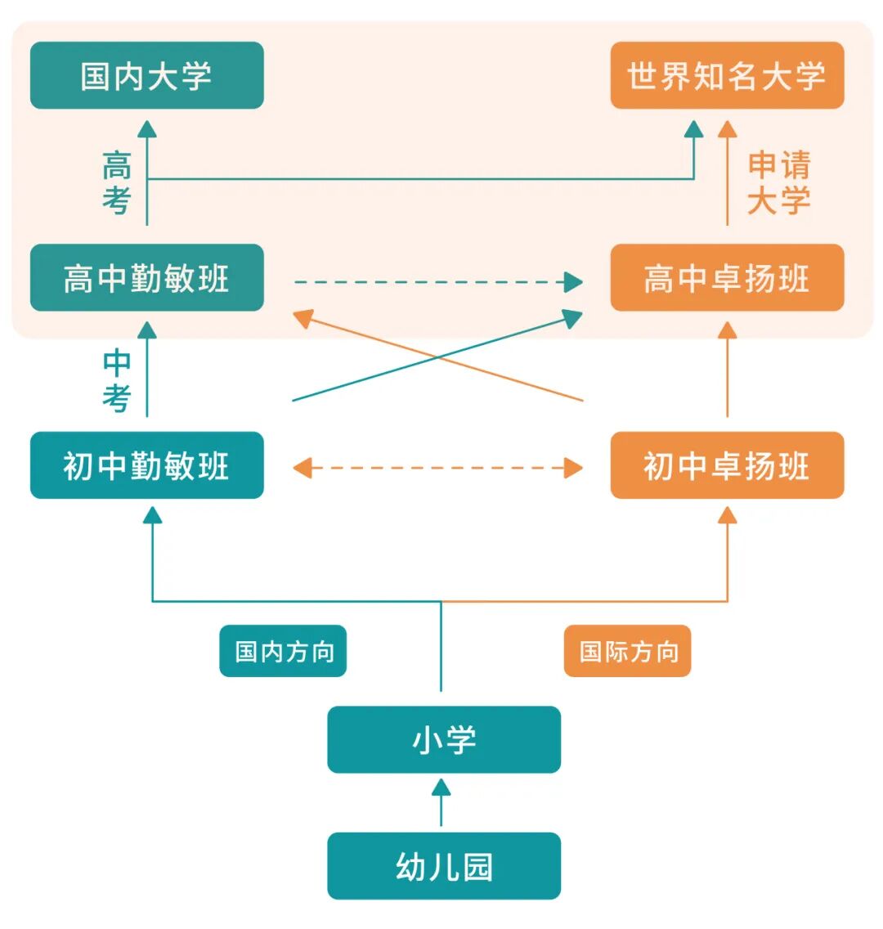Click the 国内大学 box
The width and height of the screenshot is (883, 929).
pyautogui.click(x=146, y=75)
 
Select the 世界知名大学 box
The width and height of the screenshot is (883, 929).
pyautogui.click(x=727, y=75)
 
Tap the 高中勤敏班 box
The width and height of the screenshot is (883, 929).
pyautogui.click(x=146, y=278)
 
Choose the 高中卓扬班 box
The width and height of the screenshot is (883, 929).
pyautogui.click(x=727, y=278)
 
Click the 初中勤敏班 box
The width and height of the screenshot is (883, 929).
pyautogui.click(x=146, y=465)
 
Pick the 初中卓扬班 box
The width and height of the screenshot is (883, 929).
pyautogui.click(x=727, y=465)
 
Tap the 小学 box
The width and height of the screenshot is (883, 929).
pyautogui.click(x=444, y=739)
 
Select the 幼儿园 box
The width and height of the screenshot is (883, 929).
pyautogui.click(x=444, y=866)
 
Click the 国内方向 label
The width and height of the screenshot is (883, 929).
pyautogui.click(x=283, y=651)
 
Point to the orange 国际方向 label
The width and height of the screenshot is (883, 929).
pyautogui.click(x=627, y=651)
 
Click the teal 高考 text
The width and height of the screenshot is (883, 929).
pyautogui.click(x=117, y=182)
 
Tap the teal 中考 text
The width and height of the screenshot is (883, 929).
pyautogui.click(x=117, y=380)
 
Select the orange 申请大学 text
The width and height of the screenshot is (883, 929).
pyautogui.click(x=778, y=182)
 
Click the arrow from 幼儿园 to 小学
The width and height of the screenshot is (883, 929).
pyautogui.click(x=441, y=802)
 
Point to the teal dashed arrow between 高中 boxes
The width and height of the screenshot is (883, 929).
pyautogui.click(x=437, y=283)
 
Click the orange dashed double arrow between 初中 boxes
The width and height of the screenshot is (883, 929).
pyautogui.click(x=437, y=469)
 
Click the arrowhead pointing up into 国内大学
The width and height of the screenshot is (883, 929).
pyautogui.click(x=147, y=128)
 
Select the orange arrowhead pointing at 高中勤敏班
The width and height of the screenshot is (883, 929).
pyautogui.click(x=304, y=318)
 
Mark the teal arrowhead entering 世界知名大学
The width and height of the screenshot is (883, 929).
pyautogui.click(x=693, y=128)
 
